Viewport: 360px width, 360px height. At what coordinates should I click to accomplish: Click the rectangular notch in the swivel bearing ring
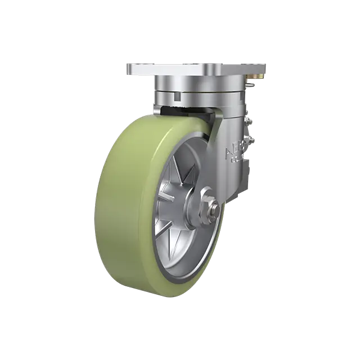click(178, 96)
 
